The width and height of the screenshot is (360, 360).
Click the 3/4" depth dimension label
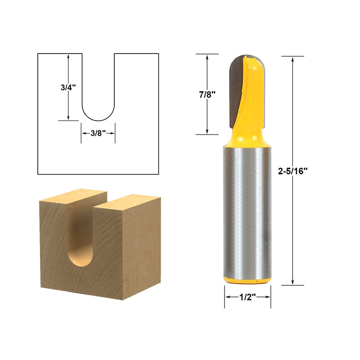[x=68, y=88]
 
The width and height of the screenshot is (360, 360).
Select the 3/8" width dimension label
[x=98, y=133]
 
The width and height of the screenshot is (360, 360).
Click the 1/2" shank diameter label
[x=247, y=297]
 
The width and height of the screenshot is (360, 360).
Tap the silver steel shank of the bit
[x=247, y=211]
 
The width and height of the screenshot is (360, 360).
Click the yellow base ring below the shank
[x=247, y=281]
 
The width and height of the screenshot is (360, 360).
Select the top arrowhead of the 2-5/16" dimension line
[x=293, y=59]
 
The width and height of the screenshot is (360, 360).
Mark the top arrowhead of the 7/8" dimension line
[x=207, y=57]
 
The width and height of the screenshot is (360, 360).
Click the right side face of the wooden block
[x=142, y=247]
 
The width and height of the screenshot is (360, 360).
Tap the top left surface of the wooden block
[x=74, y=197]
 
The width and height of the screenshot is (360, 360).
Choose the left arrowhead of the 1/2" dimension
[x=227, y=297]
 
